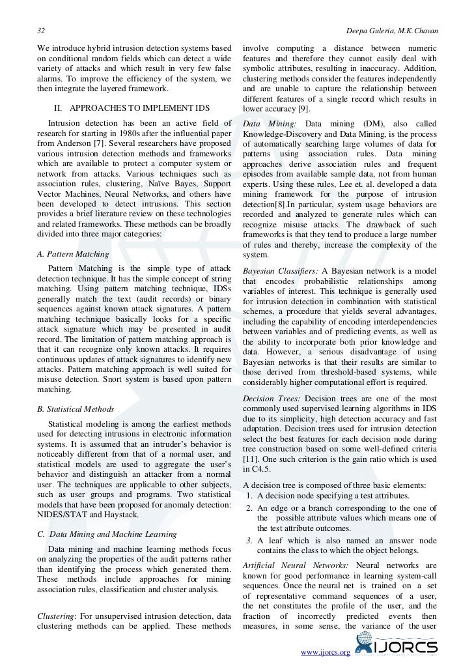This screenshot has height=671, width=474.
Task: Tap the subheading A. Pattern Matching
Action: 73,253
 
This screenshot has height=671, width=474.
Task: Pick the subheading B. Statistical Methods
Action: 76,409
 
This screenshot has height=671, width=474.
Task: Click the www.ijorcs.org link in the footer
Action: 324,652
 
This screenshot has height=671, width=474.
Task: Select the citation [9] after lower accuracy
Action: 304,109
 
